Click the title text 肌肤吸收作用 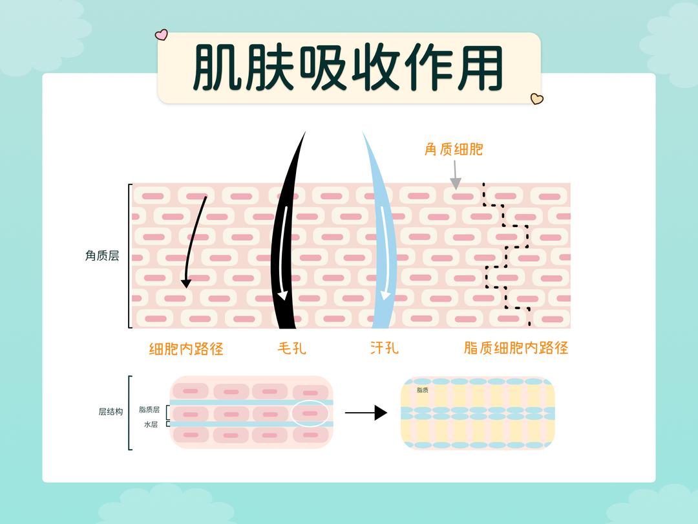point(348,67)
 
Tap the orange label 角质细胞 point(454,149)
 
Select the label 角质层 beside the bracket point(102,256)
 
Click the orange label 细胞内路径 point(186,349)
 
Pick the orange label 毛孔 point(292,348)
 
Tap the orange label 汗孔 point(385,348)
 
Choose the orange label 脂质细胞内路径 point(516,348)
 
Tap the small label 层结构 point(111,411)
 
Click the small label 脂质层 point(149,409)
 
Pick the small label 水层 point(151,424)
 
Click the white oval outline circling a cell point(310,413)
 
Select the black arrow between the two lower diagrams point(366,413)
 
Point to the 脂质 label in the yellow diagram point(423,390)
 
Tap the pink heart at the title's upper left point(162,34)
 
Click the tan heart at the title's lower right point(536,99)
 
